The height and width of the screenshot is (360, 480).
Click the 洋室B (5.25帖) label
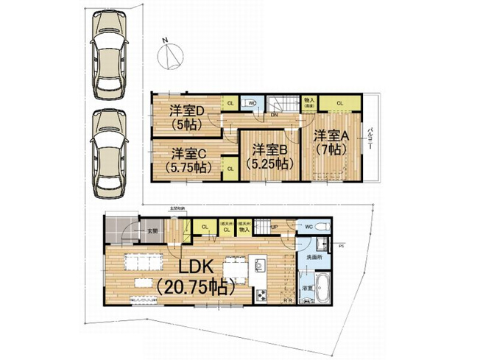pos(267,155)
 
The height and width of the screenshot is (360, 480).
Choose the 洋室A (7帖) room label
pos(328,142)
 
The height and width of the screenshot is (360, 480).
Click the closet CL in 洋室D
pos(230,104)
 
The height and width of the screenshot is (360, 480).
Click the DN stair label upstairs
pos(274,116)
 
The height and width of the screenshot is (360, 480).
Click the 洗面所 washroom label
pos(312,259)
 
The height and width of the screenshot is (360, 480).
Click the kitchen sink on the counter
pos(259,263)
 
